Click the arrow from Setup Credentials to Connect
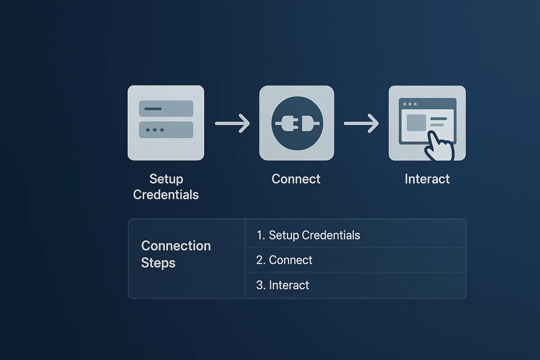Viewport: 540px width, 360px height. (232, 123)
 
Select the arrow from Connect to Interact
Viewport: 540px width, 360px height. (361, 123)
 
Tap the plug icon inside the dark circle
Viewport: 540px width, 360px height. (297, 123)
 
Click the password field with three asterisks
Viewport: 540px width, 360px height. (166, 130)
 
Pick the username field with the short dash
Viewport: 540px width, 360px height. (166, 109)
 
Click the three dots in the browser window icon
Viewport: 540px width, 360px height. (410, 104)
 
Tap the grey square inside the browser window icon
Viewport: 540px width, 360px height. (416, 123)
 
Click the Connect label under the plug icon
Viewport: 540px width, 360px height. (296, 179)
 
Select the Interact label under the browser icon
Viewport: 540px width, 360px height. (427, 179)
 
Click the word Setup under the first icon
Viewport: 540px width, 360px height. (166, 179)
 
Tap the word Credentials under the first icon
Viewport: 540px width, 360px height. (166, 195)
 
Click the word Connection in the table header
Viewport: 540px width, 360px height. (176, 246)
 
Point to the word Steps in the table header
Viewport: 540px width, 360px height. (158, 263)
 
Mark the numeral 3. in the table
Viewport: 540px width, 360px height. (261, 285)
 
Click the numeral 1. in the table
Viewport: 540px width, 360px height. (261, 235)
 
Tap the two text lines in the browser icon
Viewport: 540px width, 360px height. (438, 122)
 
